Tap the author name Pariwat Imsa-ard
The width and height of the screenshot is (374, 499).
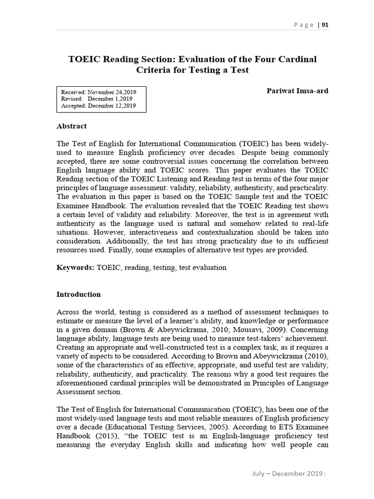pyautogui.click(x=298, y=91)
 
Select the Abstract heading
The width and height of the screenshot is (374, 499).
pyautogui.click(x=72, y=126)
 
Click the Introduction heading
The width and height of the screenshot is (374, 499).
pyautogui.click(x=78, y=294)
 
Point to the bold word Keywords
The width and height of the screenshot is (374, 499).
pyautogui.click(x=75, y=268)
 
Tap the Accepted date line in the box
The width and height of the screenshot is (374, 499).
pyautogui.click(x=98, y=105)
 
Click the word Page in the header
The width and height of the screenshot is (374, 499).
pyautogui.click(x=304, y=25)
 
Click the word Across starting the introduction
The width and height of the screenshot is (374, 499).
pyautogui.click(x=68, y=312)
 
